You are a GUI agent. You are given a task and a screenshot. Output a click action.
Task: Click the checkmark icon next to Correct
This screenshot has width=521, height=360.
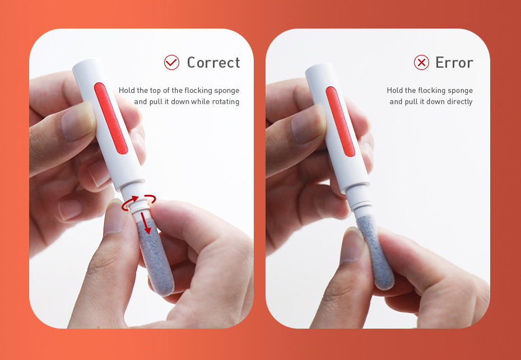[171, 62]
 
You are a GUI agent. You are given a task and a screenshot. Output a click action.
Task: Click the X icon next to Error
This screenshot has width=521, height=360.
[421, 62]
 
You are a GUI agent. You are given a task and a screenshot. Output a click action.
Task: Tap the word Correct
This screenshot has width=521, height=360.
[213, 62]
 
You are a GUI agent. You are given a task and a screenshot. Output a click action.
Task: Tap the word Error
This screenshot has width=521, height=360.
[454, 62]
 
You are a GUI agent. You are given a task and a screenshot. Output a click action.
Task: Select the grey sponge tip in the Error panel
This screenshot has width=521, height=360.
[383, 255]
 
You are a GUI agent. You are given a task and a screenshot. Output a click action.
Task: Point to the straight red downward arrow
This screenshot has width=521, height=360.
[147, 222]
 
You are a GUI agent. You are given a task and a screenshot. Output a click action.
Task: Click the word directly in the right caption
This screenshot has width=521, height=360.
[459, 102]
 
